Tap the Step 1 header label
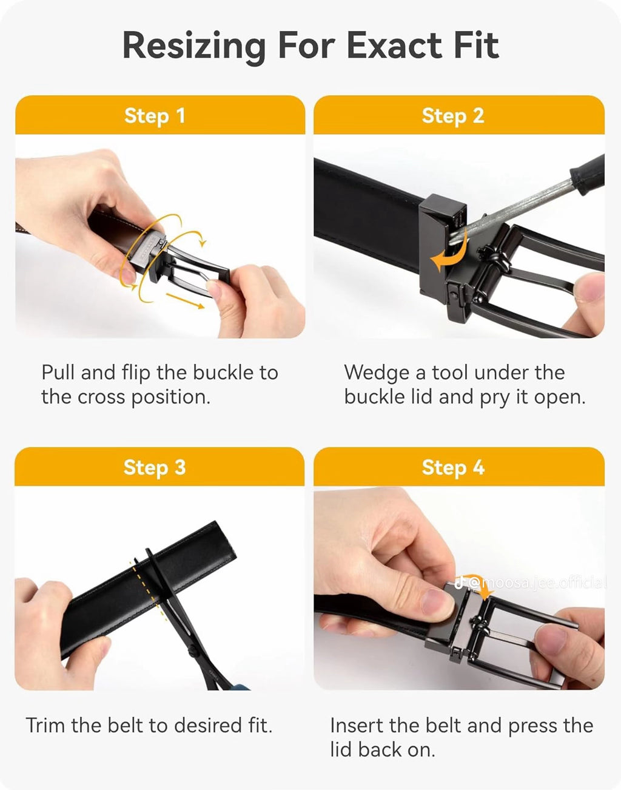155,115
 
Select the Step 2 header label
453,115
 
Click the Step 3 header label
155,467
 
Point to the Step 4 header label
453,467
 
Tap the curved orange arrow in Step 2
449,255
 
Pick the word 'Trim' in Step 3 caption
45,725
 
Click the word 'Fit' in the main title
475,46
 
